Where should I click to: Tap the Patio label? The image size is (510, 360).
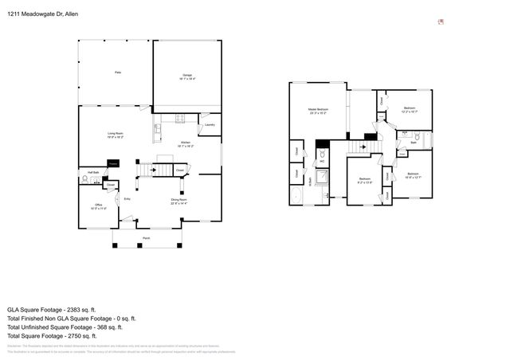click(117, 72)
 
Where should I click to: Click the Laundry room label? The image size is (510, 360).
click(210, 125)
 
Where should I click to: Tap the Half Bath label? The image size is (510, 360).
click(93, 172)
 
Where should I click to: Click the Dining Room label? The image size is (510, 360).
click(178, 201)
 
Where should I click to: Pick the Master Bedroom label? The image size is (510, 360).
click(318, 111)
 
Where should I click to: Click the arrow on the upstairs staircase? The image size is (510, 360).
click(363, 147)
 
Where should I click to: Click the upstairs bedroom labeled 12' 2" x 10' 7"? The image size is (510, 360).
click(409, 109)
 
